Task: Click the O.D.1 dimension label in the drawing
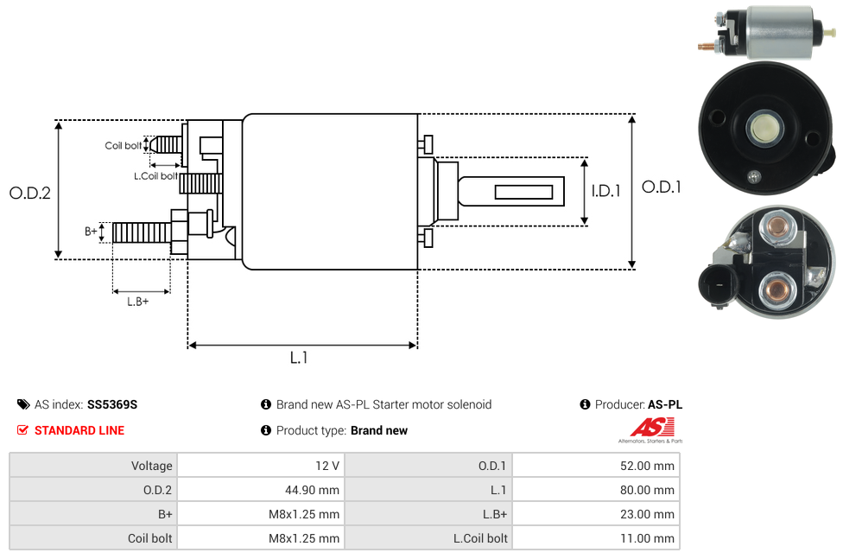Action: click(661, 187)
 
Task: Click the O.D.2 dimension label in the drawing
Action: click(30, 193)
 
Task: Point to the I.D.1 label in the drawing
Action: click(605, 191)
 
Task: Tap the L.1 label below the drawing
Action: click(299, 357)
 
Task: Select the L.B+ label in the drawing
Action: click(138, 302)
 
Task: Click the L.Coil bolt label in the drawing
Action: click(155, 175)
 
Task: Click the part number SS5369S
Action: click(112, 404)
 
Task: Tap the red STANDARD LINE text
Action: click(79, 430)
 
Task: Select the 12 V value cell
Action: click(327, 466)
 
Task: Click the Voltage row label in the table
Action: click(152, 466)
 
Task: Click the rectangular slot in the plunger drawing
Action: click(523, 190)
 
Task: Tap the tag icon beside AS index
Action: click(23, 404)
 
